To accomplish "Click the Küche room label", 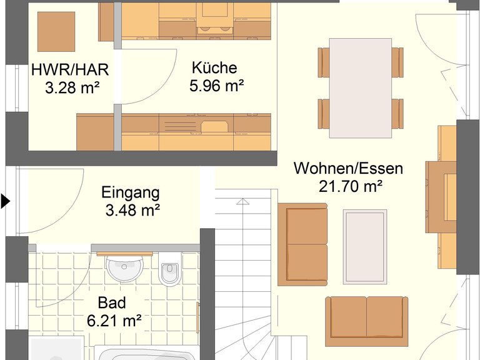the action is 214,67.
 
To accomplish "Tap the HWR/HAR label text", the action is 70,70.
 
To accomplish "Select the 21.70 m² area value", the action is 351,186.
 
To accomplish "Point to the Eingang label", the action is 131,193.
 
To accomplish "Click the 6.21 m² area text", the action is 114,321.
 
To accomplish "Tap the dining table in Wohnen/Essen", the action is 361,88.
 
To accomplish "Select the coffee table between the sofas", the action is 365,247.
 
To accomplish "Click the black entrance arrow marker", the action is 5,201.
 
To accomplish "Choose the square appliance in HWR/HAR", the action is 56,32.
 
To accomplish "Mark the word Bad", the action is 112,302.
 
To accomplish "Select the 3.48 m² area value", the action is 133,210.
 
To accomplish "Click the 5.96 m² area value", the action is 217,86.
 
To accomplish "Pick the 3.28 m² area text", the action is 72,87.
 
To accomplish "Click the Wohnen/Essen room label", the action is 348,168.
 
